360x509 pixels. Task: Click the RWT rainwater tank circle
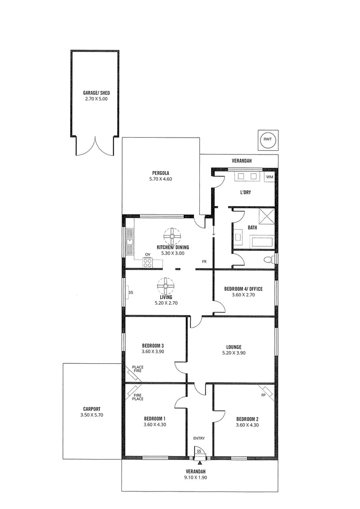click(268, 139)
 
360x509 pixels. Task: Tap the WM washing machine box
click(269, 177)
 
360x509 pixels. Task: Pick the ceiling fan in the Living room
click(166, 286)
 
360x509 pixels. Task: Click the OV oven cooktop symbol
click(147, 263)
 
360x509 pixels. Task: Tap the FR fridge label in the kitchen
click(205, 261)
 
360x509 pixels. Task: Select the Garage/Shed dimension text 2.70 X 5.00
click(96, 99)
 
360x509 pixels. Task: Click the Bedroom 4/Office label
click(243, 288)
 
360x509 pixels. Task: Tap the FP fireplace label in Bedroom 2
click(263, 394)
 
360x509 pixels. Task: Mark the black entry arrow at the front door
click(200, 463)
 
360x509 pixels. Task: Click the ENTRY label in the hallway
click(199, 438)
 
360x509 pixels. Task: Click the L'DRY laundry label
click(245, 193)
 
